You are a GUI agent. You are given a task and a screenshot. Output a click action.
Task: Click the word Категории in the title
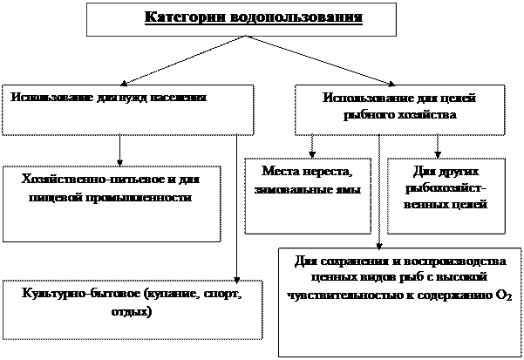[x=181, y=18]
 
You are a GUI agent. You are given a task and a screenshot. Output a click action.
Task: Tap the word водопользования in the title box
[x=291, y=18]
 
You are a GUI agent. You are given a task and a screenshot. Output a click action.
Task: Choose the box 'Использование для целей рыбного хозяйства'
[x=399, y=110]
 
